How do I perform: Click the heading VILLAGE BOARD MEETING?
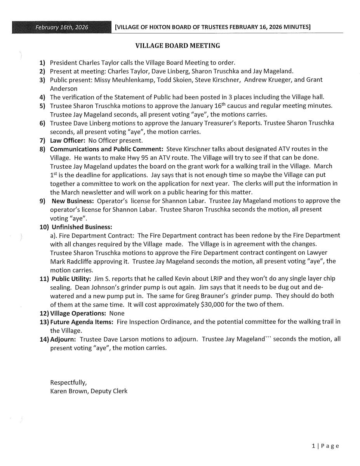pyautogui.click(x=177, y=46)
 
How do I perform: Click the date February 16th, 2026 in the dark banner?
pyautogui.click(x=62, y=27)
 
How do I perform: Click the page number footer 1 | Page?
pyautogui.click(x=325, y=446)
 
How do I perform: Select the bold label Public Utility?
pyautogui.click(x=71, y=279)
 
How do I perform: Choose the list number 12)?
pyautogui.click(x=44, y=313)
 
